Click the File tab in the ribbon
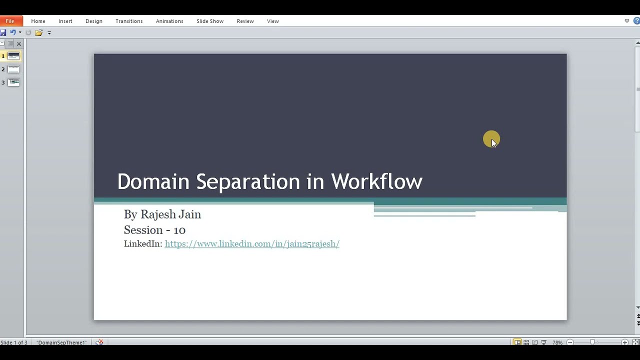tap(10, 21)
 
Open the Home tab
tap(38, 21)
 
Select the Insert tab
tap(65, 21)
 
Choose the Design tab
tap(93, 21)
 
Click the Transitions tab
tap(129, 21)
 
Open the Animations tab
tap(169, 21)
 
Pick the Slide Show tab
tap(210, 21)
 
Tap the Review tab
tap(245, 21)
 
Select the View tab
tap(272, 21)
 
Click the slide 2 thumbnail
tap(13, 69)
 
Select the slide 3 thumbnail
tap(13, 82)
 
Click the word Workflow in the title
tap(376, 181)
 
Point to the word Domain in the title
tap(153, 181)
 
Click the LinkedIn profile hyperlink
tap(252, 244)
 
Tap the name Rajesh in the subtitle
tap(156, 214)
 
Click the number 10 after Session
tap(179, 230)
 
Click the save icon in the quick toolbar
tap(3, 32)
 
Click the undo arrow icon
tap(12, 32)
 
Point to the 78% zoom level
tap(557, 342)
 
